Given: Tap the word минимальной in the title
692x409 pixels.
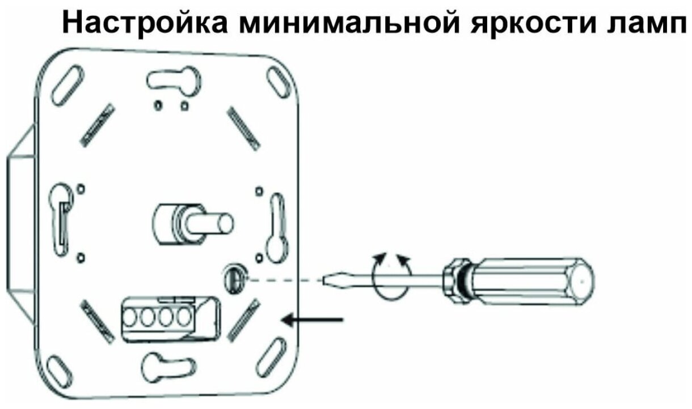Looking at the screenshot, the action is [323, 24].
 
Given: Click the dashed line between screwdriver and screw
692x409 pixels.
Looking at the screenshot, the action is [284, 279].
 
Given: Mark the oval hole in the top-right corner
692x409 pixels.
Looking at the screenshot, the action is [277, 83].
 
